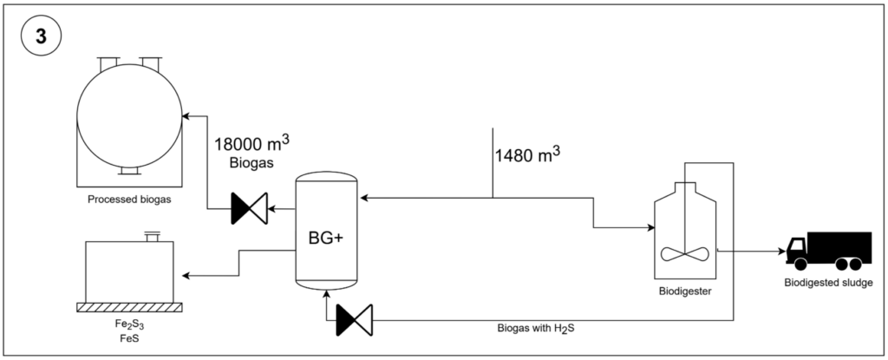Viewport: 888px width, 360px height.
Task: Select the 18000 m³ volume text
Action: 251,142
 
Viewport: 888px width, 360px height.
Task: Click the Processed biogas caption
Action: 129,200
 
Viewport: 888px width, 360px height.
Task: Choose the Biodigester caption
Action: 685,292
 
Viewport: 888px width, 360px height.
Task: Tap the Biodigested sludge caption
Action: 828,283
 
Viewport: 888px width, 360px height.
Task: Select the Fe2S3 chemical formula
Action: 129,328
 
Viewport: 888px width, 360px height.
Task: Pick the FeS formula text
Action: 129,340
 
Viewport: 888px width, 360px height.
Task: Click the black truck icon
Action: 828,252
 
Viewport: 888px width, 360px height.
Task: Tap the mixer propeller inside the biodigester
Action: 685,254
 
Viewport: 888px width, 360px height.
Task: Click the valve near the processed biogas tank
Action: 250,209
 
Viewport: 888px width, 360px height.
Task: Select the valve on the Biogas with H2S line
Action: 354,320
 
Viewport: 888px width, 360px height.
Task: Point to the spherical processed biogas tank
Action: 129,115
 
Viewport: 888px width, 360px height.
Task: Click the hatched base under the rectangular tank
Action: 129,307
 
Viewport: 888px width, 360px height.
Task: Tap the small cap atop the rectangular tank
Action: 152,236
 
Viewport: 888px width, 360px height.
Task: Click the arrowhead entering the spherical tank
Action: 186,116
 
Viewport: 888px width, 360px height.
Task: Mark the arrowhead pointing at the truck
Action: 781,252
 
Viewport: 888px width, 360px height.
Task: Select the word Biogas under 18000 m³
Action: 251,163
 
